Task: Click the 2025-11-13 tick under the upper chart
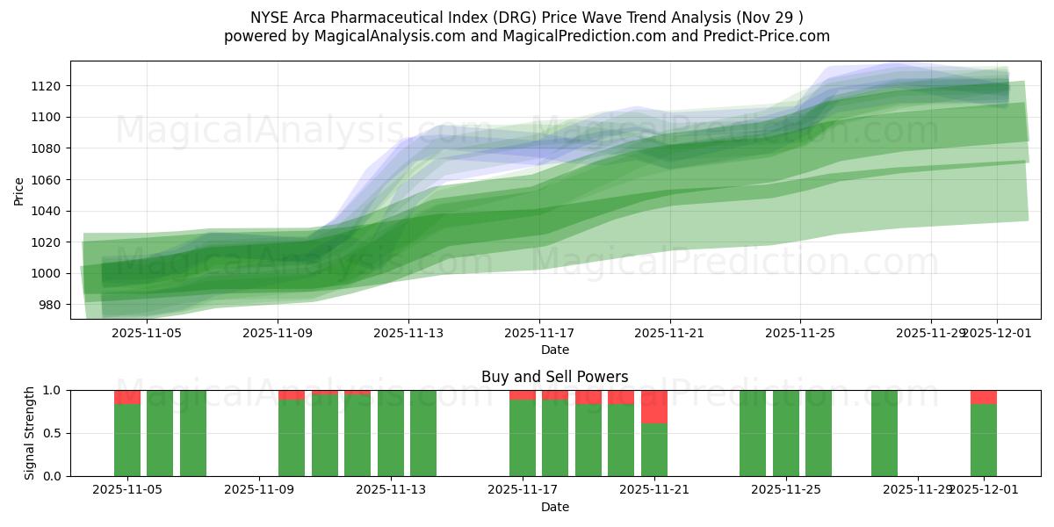(x=408, y=333)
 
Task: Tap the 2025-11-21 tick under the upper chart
(x=670, y=333)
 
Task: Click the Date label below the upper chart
(x=554, y=350)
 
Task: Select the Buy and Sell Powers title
(x=554, y=377)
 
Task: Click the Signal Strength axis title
(x=30, y=432)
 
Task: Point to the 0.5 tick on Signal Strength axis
(x=52, y=433)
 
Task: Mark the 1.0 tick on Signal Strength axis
(x=52, y=390)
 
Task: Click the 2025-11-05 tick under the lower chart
(x=127, y=489)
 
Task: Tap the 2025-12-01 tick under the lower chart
(x=984, y=489)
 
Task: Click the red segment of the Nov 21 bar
(x=654, y=407)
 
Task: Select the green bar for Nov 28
(x=884, y=433)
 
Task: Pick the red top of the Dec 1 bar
(x=984, y=397)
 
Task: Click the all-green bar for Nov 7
(x=193, y=433)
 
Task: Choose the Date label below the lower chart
(x=554, y=507)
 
